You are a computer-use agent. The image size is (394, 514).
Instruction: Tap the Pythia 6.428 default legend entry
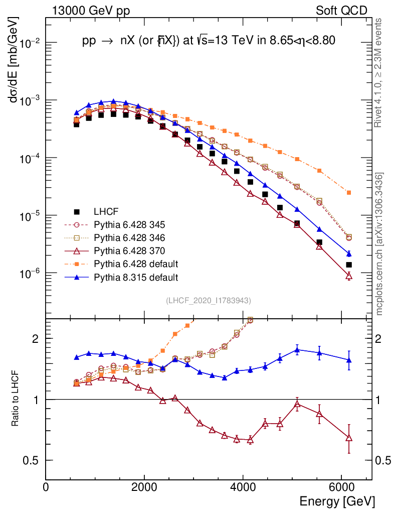136,264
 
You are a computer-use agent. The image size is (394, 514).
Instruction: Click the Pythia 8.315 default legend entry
136,277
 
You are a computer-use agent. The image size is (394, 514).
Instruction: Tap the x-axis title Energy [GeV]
337,501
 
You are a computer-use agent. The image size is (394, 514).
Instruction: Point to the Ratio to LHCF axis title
16,399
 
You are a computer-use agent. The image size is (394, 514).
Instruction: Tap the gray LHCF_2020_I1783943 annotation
209,301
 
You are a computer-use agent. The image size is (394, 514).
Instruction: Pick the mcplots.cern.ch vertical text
379,243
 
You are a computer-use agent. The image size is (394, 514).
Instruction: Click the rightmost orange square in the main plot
349,193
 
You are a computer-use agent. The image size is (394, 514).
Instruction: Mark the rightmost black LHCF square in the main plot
349,265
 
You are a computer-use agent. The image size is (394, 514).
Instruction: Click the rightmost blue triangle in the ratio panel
349,360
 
